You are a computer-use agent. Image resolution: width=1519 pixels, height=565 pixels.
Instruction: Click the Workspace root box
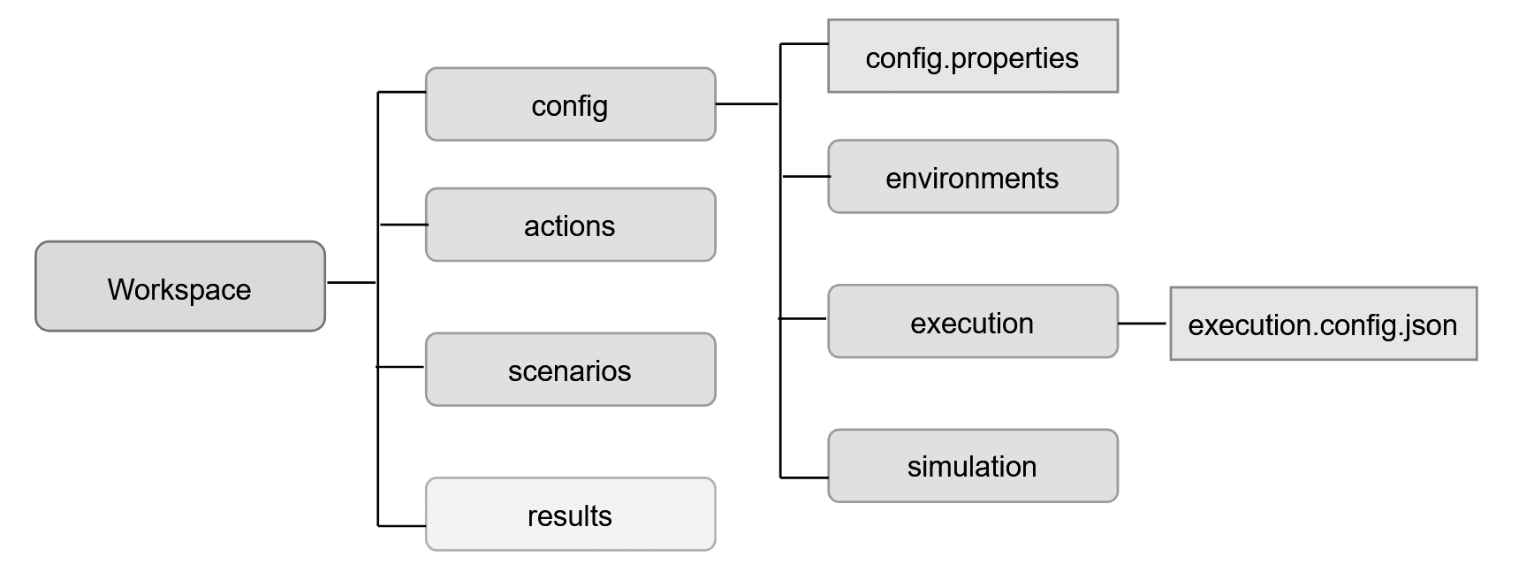(x=180, y=286)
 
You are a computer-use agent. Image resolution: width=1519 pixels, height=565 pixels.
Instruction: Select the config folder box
(x=570, y=104)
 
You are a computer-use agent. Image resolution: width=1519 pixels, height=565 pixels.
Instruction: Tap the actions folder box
(x=570, y=225)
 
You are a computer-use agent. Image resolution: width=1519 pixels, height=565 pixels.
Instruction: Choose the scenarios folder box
(x=570, y=370)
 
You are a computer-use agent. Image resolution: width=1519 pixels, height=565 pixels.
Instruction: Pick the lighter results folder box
(x=570, y=515)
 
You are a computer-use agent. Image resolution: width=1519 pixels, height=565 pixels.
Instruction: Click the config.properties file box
(x=972, y=57)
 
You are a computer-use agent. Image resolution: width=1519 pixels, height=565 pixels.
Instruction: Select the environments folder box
(x=972, y=177)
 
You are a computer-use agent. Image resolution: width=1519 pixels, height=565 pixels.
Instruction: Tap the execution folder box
(x=972, y=322)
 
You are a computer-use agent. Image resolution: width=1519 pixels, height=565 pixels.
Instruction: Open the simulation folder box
(x=972, y=466)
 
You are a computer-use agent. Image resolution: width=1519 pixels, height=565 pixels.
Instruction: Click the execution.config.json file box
(x=1323, y=324)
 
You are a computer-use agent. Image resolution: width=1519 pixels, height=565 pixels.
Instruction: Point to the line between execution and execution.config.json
(x=1143, y=324)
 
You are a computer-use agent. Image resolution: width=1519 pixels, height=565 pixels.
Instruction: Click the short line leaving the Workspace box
(x=351, y=283)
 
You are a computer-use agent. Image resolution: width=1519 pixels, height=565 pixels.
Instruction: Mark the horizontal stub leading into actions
(x=403, y=225)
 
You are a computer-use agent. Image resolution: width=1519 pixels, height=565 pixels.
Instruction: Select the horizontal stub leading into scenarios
(x=401, y=366)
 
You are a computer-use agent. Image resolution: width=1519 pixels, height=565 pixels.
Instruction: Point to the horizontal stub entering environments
(x=805, y=177)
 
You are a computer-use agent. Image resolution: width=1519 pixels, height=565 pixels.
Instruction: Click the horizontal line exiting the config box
(x=746, y=104)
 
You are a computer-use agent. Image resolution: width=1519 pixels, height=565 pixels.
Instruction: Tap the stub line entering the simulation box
(x=804, y=477)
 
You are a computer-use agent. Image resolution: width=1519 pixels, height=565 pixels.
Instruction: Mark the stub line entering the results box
(x=402, y=526)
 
